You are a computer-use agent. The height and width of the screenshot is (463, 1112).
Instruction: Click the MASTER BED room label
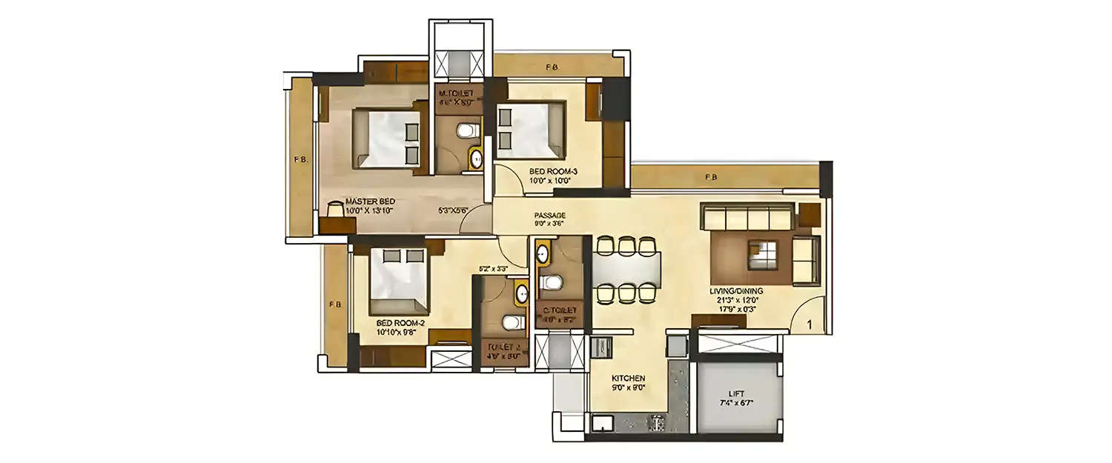369,201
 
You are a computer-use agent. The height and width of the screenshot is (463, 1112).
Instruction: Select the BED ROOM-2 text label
400,323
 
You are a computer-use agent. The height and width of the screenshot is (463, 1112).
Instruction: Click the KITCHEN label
628,378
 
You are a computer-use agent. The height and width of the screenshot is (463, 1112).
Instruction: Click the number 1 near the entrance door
810,324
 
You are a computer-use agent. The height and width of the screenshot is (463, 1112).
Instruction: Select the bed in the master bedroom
385,138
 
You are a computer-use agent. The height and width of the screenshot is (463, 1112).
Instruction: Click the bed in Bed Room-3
529,130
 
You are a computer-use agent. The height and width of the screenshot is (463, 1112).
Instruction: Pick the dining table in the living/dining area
626,269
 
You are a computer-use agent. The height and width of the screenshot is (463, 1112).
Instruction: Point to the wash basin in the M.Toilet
476,157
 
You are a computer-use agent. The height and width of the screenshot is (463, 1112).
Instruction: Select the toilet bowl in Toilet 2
510,322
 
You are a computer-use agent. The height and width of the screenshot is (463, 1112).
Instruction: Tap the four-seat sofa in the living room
748,219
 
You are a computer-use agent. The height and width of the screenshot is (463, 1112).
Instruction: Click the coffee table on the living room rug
762,253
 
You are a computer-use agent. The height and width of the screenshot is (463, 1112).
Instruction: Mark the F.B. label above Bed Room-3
552,67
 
